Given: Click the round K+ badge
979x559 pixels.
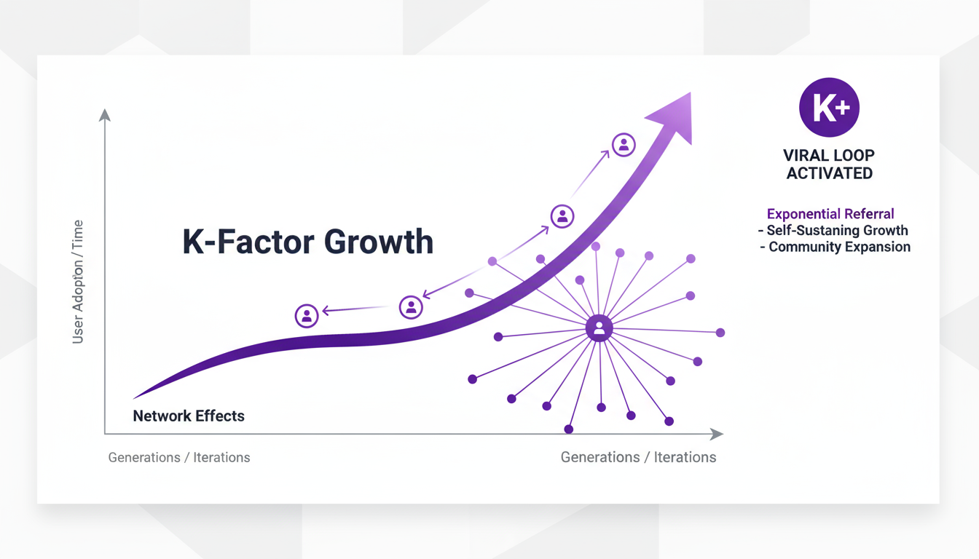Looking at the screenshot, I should pyautogui.click(x=829, y=108).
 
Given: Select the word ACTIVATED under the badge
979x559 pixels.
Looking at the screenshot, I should pyautogui.click(x=829, y=173).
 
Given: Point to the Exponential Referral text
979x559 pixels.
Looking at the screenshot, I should pyautogui.click(x=830, y=214).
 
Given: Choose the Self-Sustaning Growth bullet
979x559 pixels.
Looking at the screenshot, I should pyautogui.click(x=833, y=231).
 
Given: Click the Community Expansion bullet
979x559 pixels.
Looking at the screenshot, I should pyautogui.click(x=835, y=247).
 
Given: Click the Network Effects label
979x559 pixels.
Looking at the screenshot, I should pyautogui.click(x=189, y=416).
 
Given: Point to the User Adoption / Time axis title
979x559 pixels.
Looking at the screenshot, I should pyautogui.click(x=78, y=282).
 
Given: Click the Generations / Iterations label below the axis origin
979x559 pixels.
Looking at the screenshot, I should pyautogui.click(x=179, y=458).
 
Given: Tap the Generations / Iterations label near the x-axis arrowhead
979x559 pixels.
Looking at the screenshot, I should pyautogui.click(x=638, y=458).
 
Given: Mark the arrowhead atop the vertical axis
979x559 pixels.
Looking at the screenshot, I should pyautogui.click(x=105, y=115).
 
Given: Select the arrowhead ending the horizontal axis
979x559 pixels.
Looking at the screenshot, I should pyautogui.click(x=717, y=434).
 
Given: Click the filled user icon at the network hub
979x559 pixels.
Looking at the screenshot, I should pyautogui.click(x=599, y=328).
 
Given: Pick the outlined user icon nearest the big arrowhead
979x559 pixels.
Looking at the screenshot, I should pyautogui.click(x=624, y=145).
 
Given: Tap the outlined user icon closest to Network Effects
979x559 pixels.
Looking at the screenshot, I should pyautogui.click(x=307, y=316).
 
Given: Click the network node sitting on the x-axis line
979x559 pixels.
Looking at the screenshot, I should pyautogui.click(x=569, y=429).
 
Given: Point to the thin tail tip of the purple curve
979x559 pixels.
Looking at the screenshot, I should pyautogui.click(x=136, y=397).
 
